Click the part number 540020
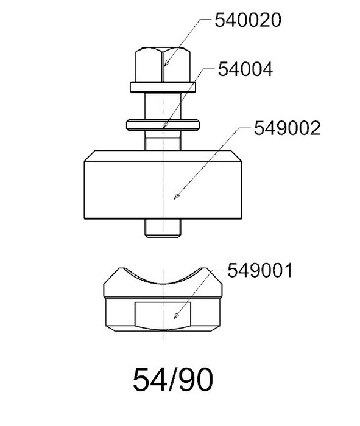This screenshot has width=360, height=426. [x=248, y=20]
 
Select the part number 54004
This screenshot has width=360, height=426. [x=245, y=69]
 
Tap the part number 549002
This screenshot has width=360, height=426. [x=287, y=128]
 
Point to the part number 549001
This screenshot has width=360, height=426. [x=260, y=270]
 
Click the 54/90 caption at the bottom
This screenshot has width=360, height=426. [x=173, y=379]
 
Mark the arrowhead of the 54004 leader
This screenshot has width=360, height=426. [x=165, y=125]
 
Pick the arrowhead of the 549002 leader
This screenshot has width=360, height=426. [x=177, y=196]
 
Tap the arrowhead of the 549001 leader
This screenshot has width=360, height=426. [x=177, y=316]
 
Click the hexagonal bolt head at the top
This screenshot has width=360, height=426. [x=163, y=65]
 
